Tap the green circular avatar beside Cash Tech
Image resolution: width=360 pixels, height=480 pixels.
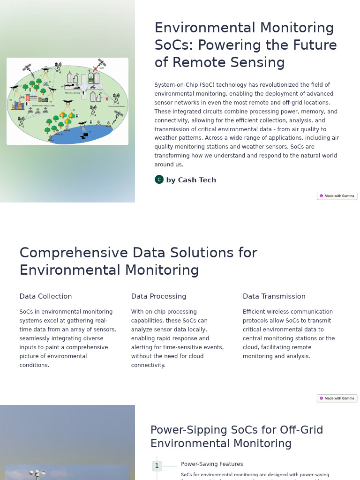(159, 180)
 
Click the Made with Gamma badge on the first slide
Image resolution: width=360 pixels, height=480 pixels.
(337, 195)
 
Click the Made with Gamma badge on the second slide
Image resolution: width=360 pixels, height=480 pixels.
(337, 398)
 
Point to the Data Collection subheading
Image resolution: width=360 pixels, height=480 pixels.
(45, 296)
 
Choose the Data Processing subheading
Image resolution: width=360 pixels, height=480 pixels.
(158, 296)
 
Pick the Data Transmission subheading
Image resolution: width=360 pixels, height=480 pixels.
(274, 296)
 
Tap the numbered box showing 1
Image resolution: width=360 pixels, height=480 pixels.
(157, 465)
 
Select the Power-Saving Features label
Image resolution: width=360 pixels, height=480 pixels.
(212, 464)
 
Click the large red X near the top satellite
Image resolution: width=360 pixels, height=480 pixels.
(96, 69)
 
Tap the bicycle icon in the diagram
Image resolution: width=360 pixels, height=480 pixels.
(93, 87)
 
